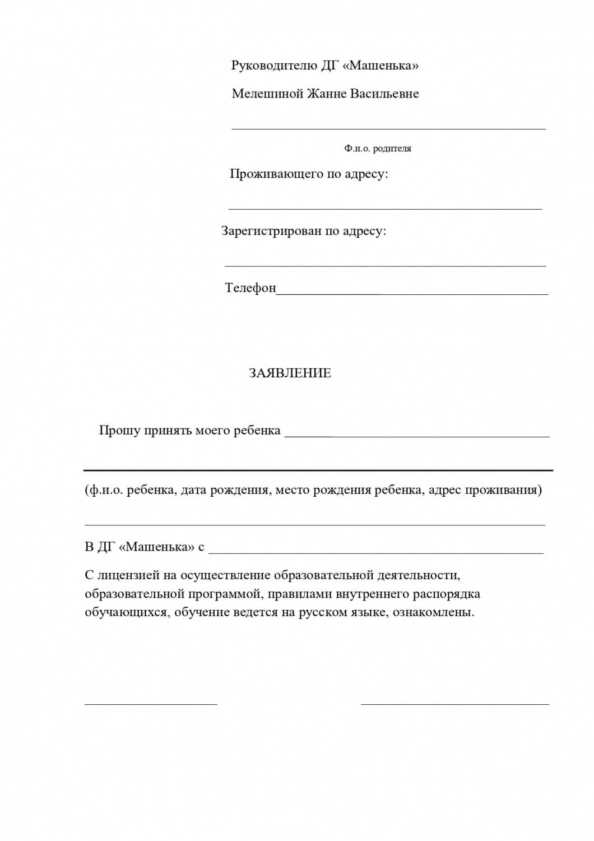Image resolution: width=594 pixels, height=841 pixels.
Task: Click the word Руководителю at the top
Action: point(274,66)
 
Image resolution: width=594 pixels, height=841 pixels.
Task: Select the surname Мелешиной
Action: point(267,94)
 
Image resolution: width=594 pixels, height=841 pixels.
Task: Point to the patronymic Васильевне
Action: point(384,94)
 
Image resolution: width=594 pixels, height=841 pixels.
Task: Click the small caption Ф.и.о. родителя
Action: point(378,149)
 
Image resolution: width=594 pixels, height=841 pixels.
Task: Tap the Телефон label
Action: point(250,288)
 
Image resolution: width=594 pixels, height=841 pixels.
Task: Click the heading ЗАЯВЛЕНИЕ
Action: point(290,373)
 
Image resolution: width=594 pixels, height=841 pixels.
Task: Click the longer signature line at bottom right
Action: point(455,703)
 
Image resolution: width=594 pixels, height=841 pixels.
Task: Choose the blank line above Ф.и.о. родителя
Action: point(388,128)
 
